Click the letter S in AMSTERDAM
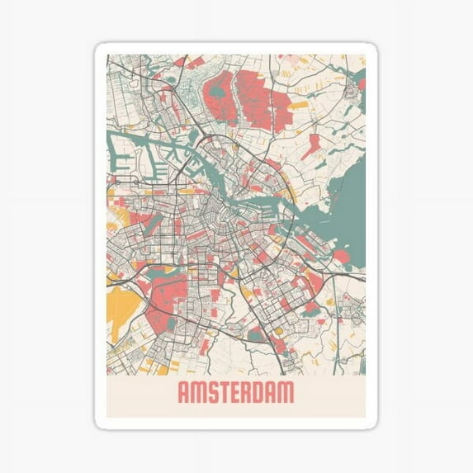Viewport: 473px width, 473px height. tap(213, 393)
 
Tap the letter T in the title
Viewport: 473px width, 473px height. tap(228, 393)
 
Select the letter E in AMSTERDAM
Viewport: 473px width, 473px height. tap(242, 393)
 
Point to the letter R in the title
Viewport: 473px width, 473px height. tap(256, 393)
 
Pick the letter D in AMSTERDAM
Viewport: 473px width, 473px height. tap(270, 393)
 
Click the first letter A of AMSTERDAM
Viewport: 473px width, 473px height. tap(183, 393)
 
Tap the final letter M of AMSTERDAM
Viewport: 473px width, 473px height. tap(286, 393)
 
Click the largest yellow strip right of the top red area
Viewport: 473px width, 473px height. tap(299, 105)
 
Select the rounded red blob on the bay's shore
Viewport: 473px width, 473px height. tap(340, 257)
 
